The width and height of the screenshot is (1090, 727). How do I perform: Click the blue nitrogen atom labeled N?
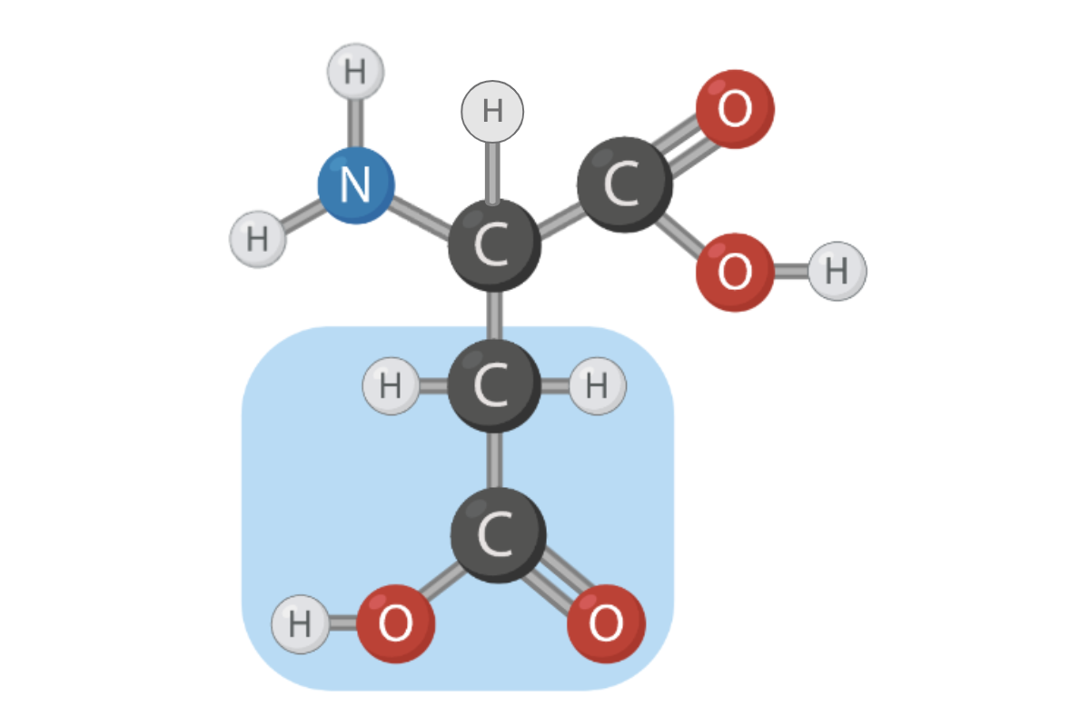(356, 185)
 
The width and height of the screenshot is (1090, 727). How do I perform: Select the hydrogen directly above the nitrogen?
(355, 72)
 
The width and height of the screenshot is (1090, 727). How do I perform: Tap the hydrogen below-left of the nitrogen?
(258, 239)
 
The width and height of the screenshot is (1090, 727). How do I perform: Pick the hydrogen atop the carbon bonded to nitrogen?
(492, 112)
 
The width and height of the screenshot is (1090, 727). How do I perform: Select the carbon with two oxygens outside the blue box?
(624, 184)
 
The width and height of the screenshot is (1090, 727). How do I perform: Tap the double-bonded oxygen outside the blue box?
(735, 109)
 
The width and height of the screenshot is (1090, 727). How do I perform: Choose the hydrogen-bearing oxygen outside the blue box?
(735, 272)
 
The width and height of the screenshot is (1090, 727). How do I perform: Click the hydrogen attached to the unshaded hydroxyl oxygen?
(837, 271)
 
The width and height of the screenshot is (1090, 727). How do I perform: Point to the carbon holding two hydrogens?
(494, 386)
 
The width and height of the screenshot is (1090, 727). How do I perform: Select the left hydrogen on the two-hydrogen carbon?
(391, 386)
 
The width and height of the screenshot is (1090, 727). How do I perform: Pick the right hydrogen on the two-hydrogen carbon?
(597, 386)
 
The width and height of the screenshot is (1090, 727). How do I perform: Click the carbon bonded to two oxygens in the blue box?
(498, 535)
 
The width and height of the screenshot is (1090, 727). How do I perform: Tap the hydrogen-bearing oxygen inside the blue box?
(396, 624)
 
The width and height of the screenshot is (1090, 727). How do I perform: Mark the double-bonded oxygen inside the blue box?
(606, 624)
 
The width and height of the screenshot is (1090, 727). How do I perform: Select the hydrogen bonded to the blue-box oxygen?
(301, 624)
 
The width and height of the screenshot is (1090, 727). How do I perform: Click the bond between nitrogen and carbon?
(421, 214)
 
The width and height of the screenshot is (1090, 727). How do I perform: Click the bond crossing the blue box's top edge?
(494, 325)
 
